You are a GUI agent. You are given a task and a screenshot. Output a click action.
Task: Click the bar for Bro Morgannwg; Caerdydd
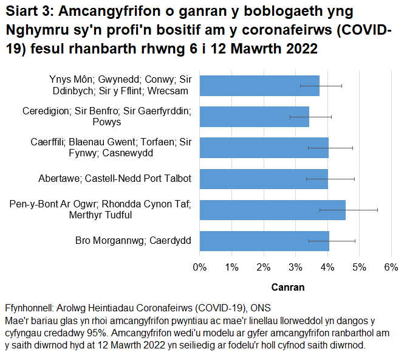coord(264,241)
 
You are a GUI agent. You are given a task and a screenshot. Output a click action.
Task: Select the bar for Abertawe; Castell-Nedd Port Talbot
coord(264,179)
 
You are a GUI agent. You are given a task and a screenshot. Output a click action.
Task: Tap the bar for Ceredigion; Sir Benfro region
coord(254,116)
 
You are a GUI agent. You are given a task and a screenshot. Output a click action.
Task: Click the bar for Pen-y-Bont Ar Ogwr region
coord(272,210)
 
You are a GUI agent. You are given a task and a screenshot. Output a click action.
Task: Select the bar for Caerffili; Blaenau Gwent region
coord(264,148)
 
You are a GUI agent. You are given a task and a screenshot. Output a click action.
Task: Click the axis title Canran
coord(287,287)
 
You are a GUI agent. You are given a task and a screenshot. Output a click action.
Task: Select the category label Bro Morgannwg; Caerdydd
coord(133,241)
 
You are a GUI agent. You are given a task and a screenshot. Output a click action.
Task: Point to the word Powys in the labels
coord(107,122)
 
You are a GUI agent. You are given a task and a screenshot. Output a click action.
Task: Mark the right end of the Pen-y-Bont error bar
coord(377,210)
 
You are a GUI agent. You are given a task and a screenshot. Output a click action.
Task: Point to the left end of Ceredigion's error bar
coord(290,116)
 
